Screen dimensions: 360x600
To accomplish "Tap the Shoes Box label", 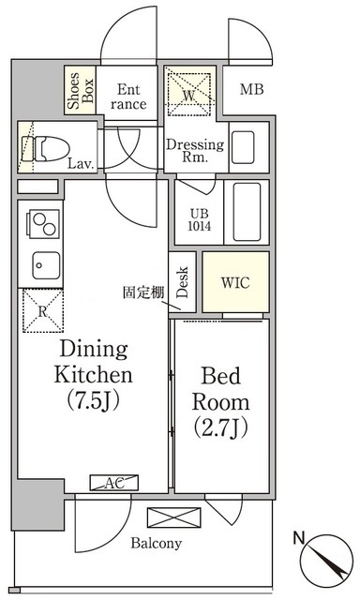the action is point(80,90).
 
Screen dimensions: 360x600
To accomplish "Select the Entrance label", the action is point(128,97).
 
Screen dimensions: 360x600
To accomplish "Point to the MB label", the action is point(252,90).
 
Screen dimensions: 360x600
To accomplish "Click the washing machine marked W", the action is point(189,94).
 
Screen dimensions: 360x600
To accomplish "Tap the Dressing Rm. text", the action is point(195,150).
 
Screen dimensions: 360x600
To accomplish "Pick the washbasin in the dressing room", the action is point(243,147).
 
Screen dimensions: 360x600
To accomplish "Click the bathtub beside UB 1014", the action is point(247,212).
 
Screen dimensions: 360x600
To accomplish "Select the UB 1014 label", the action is point(200,219).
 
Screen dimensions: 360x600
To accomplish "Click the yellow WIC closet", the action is point(235,282).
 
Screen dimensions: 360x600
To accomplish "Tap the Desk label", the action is point(183,282).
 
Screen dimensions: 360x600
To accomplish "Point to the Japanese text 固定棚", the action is point(143,292).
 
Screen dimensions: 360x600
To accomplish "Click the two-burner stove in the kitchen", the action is point(42,224).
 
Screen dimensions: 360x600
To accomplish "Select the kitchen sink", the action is point(46,265).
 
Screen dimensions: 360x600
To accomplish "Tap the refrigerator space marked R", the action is point(43,311).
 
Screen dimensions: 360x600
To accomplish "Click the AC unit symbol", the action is point(114,483).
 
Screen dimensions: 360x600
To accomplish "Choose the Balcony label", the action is point(156,543).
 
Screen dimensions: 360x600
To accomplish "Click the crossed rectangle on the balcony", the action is point(174,517).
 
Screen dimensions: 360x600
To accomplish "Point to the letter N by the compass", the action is point(299,538).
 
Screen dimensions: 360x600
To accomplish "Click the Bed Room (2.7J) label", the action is point(220,402).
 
